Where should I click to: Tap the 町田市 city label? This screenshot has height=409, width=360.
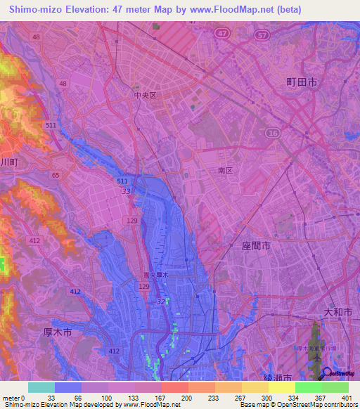301,82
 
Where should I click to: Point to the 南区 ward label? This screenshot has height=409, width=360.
225,171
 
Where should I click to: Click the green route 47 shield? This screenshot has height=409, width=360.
223,33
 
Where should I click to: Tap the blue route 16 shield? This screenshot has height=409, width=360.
271,132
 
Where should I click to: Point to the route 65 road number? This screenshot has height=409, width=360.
55,175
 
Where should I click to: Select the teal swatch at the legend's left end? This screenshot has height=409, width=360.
41,387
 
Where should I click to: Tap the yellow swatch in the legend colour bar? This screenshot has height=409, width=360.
281,387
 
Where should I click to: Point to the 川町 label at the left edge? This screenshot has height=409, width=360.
8,162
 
